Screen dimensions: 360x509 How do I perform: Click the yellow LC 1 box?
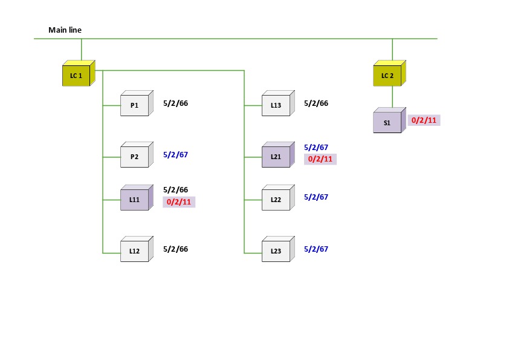[x=76, y=76]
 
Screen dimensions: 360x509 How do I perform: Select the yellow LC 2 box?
[x=387, y=76]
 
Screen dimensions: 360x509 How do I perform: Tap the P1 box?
[x=134, y=106]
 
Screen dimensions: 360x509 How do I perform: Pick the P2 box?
[x=134, y=157]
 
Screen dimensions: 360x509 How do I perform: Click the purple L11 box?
[x=134, y=199]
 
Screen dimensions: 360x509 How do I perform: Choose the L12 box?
[x=134, y=250]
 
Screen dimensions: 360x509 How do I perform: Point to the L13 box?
[x=276, y=106]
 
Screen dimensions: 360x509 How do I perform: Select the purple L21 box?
[x=276, y=157]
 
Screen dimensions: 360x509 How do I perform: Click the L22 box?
[x=276, y=199]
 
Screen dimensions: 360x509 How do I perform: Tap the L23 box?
[x=276, y=250]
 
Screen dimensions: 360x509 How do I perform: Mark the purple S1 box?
[x=387, y=123]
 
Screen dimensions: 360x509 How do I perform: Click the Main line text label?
[x=65, y=30]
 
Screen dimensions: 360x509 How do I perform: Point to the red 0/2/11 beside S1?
[x=424, y=120]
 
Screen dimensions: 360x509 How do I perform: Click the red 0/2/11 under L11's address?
[x=179, y=202]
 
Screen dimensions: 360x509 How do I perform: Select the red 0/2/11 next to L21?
[x=320, y=159]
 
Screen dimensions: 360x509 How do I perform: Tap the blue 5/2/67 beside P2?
[x=175, y=155]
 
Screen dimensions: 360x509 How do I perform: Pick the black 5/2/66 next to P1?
[x=175, y=103]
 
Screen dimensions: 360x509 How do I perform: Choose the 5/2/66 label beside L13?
[x=316, y=103]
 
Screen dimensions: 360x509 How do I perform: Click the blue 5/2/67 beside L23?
[x=316, y=249]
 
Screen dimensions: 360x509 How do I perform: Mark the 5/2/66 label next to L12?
[x=175, y=249]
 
